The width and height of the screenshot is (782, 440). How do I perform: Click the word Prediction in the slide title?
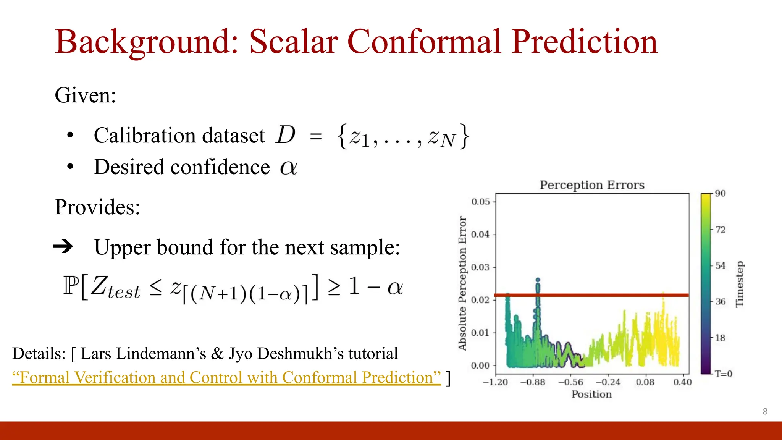click(x=585, y=42)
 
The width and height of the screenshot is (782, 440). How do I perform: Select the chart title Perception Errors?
click(x=592, y=185)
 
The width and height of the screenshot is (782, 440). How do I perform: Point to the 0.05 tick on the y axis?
click(x=480, y=202)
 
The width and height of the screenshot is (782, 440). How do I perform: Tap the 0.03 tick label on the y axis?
click(x=480, y=267)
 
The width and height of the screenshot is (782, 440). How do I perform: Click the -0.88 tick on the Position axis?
click(x=533, y=382)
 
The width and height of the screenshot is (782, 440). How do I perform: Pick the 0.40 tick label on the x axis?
click(x=682, y=382)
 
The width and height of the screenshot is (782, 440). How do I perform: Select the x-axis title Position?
click(x=591, y=395)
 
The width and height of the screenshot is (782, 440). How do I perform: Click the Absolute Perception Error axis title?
click(x=462, y=283)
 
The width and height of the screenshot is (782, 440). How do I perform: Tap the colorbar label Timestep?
click(x=740, y=284)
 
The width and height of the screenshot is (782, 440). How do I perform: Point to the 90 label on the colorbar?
click(x=720, y=194)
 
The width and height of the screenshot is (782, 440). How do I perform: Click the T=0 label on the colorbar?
click(x=723, y=374)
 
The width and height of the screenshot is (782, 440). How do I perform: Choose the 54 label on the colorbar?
click(x=720, y=266)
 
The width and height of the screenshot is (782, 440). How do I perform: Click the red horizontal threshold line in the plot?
click(x=611, y=295)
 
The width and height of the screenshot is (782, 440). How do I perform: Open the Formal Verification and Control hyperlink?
click(x=226, y=378)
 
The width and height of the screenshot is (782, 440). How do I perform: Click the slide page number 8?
click(x=765, y=412)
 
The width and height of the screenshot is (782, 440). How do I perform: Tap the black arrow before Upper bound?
click(x=63, y=247)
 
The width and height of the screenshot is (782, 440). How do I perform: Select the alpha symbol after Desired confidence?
click(x=288, y=167)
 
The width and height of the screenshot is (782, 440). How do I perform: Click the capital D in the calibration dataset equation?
click(x=286, y=135)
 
